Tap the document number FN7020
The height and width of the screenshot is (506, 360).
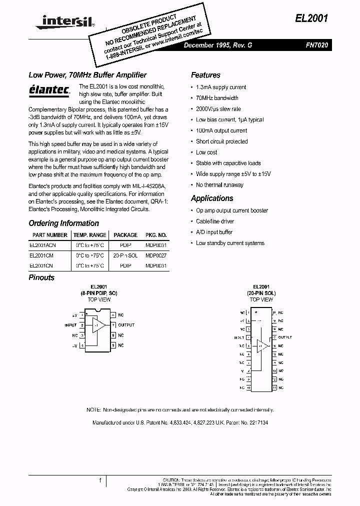317,45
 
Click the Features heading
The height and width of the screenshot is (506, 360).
205,75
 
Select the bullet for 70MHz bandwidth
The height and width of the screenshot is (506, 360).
217,98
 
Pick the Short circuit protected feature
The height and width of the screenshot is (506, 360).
221,141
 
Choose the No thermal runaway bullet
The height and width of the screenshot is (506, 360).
219,184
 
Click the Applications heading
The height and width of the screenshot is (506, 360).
212,198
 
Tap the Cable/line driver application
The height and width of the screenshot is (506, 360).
215,221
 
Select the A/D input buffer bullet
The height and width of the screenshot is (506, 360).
214,232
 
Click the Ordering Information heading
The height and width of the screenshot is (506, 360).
63,223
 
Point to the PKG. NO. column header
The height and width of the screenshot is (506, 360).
156,234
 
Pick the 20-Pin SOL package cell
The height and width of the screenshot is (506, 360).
125,255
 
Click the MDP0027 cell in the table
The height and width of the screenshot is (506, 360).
156,255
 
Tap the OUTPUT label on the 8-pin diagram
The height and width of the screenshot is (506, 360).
126,325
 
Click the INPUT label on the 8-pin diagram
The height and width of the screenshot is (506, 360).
70,325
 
